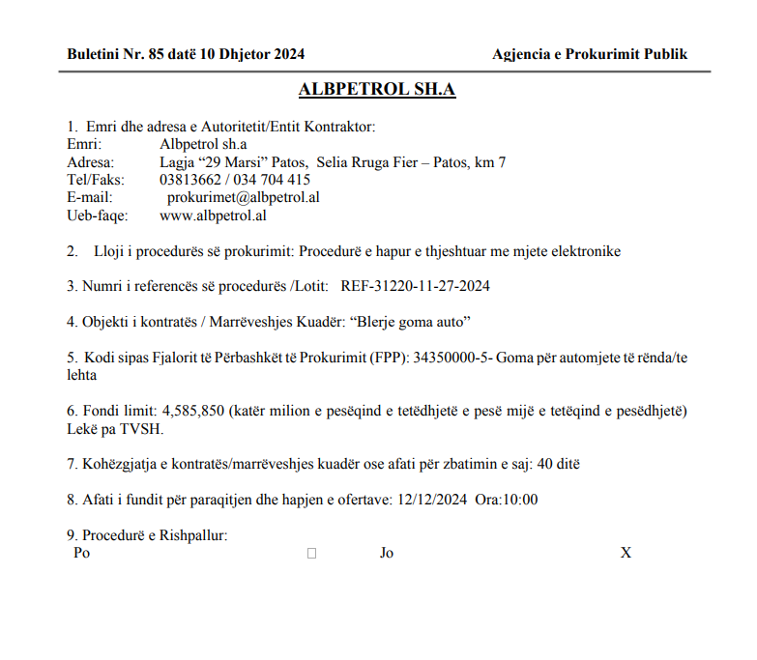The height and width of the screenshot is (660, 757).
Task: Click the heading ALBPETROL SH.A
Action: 377,90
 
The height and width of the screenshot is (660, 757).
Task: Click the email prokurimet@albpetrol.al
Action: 244,197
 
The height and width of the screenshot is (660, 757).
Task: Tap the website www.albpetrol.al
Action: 213,215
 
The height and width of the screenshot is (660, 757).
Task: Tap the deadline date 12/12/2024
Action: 432,500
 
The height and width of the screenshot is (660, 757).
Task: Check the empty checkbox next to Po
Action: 311,554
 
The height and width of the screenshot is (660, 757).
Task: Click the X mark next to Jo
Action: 626,553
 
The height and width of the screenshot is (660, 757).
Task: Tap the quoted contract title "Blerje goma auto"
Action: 415,321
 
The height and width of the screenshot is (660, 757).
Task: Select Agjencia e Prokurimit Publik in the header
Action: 589,54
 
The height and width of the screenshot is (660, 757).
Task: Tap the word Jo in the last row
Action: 387,553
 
